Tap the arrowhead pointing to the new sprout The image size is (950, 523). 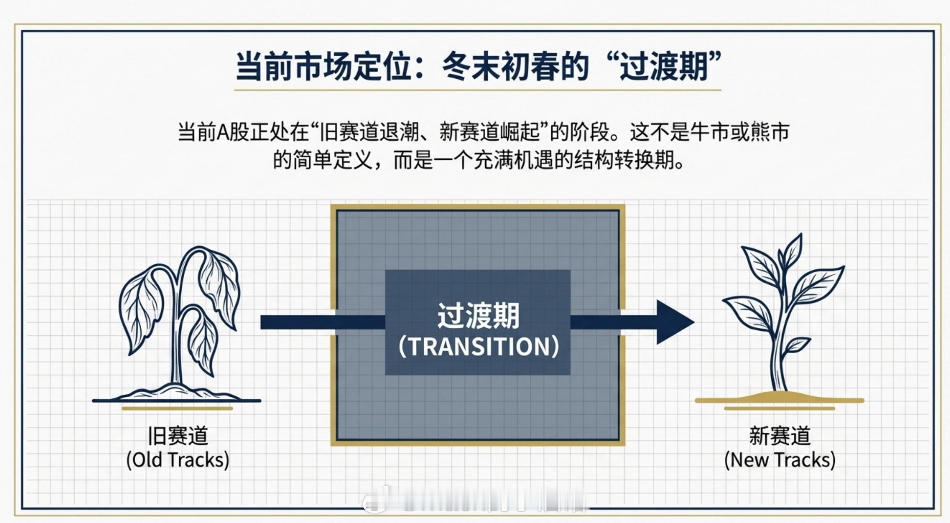click(673, 322)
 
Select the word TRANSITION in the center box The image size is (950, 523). click(479, 347)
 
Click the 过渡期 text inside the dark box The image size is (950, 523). click(478, 316)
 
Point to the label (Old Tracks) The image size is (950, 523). click(178, 460)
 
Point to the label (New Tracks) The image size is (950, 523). click(780, 460)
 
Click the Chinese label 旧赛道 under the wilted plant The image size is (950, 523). click(178, 436)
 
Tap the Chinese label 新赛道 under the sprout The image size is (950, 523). click(780, 436)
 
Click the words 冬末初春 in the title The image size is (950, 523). click(500, 66)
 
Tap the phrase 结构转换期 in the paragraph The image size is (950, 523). click(623, 160)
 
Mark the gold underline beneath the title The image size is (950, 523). click(477, 89)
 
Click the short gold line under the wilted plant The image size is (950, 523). click(177, 408)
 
